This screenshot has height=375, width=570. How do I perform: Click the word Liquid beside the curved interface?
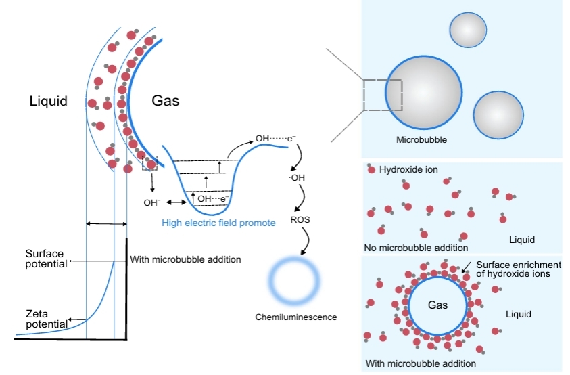[x=49, y=102]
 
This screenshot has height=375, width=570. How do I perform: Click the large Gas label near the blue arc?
[x=165, y=101]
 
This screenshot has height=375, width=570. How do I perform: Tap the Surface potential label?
[x=45, y=259]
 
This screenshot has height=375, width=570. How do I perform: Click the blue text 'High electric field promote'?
[x=218, y=223]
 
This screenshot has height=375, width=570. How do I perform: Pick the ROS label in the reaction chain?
[x=300, y=221]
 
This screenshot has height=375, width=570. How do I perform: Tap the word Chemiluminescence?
[x=295, y=317]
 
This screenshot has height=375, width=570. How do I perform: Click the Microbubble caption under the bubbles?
[x=423, y=141]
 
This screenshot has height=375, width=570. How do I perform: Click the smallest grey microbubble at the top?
[x=468, y=30]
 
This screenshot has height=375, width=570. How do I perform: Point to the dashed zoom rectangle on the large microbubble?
[x=382, y=95]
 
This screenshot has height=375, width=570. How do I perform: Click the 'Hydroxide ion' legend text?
[x=406, y=169]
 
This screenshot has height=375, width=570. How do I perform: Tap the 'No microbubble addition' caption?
[x=417, y=248]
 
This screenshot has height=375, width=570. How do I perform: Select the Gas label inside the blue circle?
[x=437, y=305]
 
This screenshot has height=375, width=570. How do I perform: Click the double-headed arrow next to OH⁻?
[x=176, y=202]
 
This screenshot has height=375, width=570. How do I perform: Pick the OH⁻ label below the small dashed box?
[x=151, y=202]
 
